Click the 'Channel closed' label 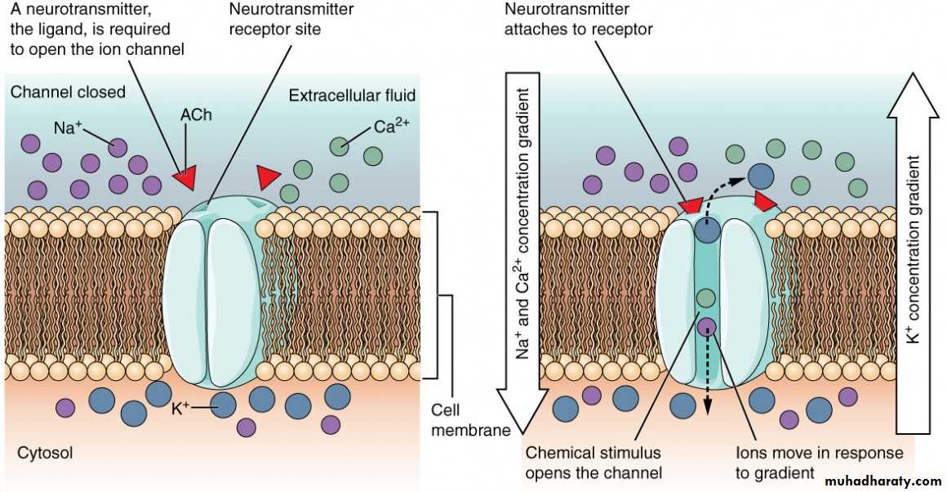(68, 92)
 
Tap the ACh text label (196, 115)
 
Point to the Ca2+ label (390, 127)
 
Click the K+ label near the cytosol (180, 405)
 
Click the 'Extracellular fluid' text (352, 96)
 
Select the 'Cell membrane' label (464, 418)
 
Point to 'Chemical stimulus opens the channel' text (594, 462)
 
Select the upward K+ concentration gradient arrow (914, 245)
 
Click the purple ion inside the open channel (707, 327)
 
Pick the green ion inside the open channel (707, 299)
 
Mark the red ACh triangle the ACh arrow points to (185, 173)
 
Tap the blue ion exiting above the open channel (761, 176)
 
